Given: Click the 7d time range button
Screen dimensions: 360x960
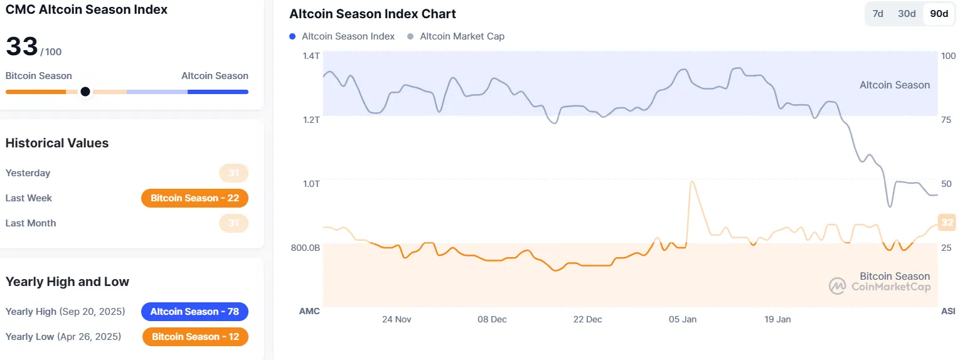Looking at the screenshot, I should pyautogui.click(x=878, y=14).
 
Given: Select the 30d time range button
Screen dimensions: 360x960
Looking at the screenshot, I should pyautogui.click(x=907, y=14).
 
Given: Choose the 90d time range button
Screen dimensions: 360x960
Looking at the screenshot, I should pyautogui.click(x=939, y=14).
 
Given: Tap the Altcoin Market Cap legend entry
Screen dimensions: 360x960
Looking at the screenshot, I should pyautogui.click(x=462, y=36).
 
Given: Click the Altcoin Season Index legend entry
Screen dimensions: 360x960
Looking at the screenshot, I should pyautogui.click(x=348, y=36).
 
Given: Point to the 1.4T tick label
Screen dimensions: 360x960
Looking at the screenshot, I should pyautogui.click(x=311, y=56).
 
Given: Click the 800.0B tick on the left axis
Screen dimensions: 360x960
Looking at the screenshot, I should pyautogui.click(x=306, y=248).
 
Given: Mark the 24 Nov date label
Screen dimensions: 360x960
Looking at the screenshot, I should pyautogui.click(x=397, y=319).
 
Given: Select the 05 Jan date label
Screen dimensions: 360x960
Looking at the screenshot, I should pyautogui.click(x=683, y=319).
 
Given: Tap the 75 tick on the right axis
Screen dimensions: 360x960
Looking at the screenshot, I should pyautogui.click(x=947, y=120).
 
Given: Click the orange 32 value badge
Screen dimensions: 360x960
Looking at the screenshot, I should pyautogui.click(x=947, y=222).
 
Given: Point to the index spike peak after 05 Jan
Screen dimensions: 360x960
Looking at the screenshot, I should pyautogui.click(x=691, y=182).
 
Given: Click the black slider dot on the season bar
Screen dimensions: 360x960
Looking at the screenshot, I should pyautogui.click(x=85, y=92).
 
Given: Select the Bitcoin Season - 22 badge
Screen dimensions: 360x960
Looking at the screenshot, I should pyautogui.click(x=195, y=198).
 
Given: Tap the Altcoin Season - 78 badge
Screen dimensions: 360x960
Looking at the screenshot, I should pyautogui.click(x=195, y=312).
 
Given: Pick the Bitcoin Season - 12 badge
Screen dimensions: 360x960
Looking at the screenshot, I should pyautogui.click(x=195, y=337).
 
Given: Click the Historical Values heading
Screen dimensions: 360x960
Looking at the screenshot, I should pyautogui.click(x=57, y=143).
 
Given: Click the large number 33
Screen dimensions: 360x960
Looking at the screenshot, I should pyautogui.click(x=21, y=47).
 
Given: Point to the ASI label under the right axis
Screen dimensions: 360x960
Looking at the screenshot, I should pyautogui.click(x=948, y=311).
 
